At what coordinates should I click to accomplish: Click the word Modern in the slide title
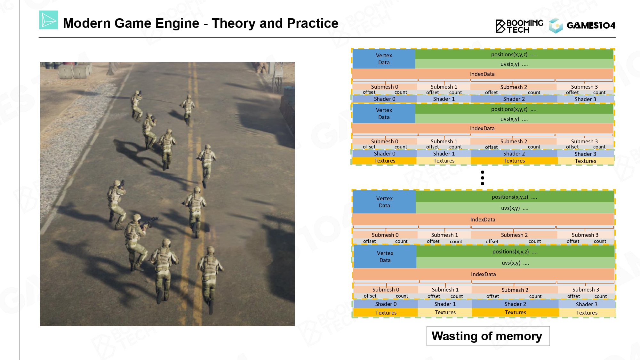pos(86,23)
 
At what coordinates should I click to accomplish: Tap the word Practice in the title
pos(312,23)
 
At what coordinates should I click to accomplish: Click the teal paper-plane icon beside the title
pos(49,20)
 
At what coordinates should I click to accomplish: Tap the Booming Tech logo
pos(519,26)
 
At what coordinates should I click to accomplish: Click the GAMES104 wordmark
pos(591,25)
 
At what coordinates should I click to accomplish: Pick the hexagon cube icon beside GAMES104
pos(556,26)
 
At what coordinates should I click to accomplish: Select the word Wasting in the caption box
pos(455,336)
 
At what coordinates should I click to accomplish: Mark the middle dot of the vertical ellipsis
pos(483,178)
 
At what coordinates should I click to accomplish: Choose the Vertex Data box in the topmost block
pos(384,59)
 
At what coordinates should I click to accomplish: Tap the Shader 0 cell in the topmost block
pos(384,99)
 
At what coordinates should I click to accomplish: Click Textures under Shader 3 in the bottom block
pos(587,313)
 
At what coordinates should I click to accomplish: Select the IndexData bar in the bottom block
pos(483,274)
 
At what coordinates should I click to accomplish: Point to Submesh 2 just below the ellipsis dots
pos(514,235)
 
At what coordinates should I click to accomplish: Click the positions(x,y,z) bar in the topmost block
pos(514,54)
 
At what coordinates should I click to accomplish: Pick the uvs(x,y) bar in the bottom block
pos(515,263)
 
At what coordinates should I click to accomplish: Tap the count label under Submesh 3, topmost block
pos(599,92)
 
